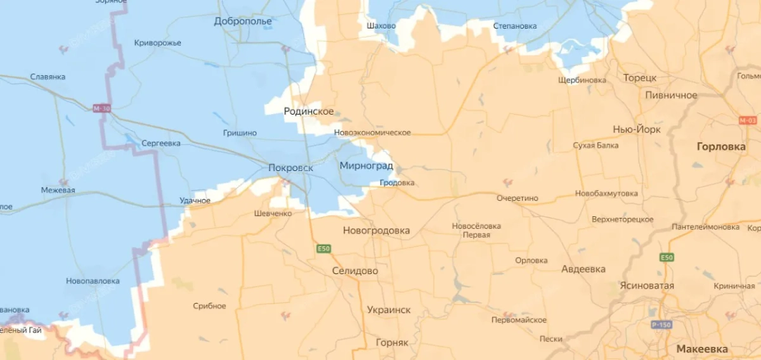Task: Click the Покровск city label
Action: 291,168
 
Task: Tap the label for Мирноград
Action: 366,166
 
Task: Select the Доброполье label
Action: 243,22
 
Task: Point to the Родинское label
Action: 309,112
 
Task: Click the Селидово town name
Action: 355,271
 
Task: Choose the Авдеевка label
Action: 583,269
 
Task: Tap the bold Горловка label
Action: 721,146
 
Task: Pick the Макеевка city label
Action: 702,349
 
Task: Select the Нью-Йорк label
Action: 637,129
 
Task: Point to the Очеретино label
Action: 517,198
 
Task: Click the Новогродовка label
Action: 377,231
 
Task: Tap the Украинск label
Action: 389,310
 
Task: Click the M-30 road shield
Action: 101,108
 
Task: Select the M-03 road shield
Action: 748,120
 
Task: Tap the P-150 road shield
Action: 661,325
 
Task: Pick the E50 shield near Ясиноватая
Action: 667,257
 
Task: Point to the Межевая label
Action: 58,190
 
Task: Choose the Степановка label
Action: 515,27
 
